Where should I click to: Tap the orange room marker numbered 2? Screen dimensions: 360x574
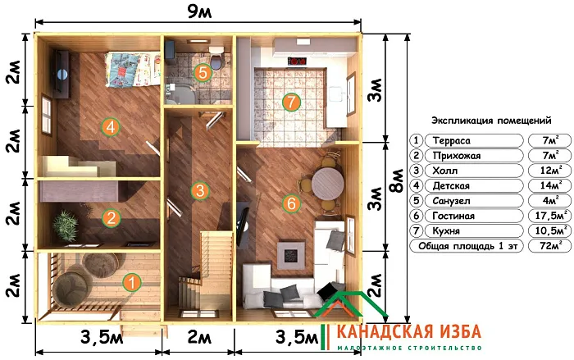(x=110, y=218)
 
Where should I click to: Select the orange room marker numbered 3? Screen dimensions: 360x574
(x=199, y=190)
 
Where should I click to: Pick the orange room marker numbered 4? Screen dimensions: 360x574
(x=110, y=126)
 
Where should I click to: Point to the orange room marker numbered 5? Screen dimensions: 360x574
(x=203, y=72)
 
